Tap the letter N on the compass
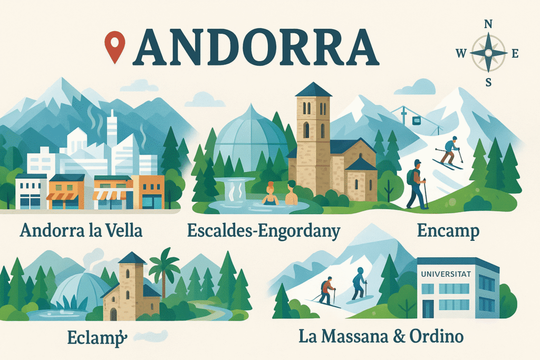point(488,24)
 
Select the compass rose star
point(488,53)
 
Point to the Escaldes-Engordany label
point(264,231)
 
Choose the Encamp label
point(448,231)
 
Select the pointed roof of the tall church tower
point(313,90)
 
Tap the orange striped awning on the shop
point(62,196)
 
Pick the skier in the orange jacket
point(327,291)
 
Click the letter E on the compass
point(515,53)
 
